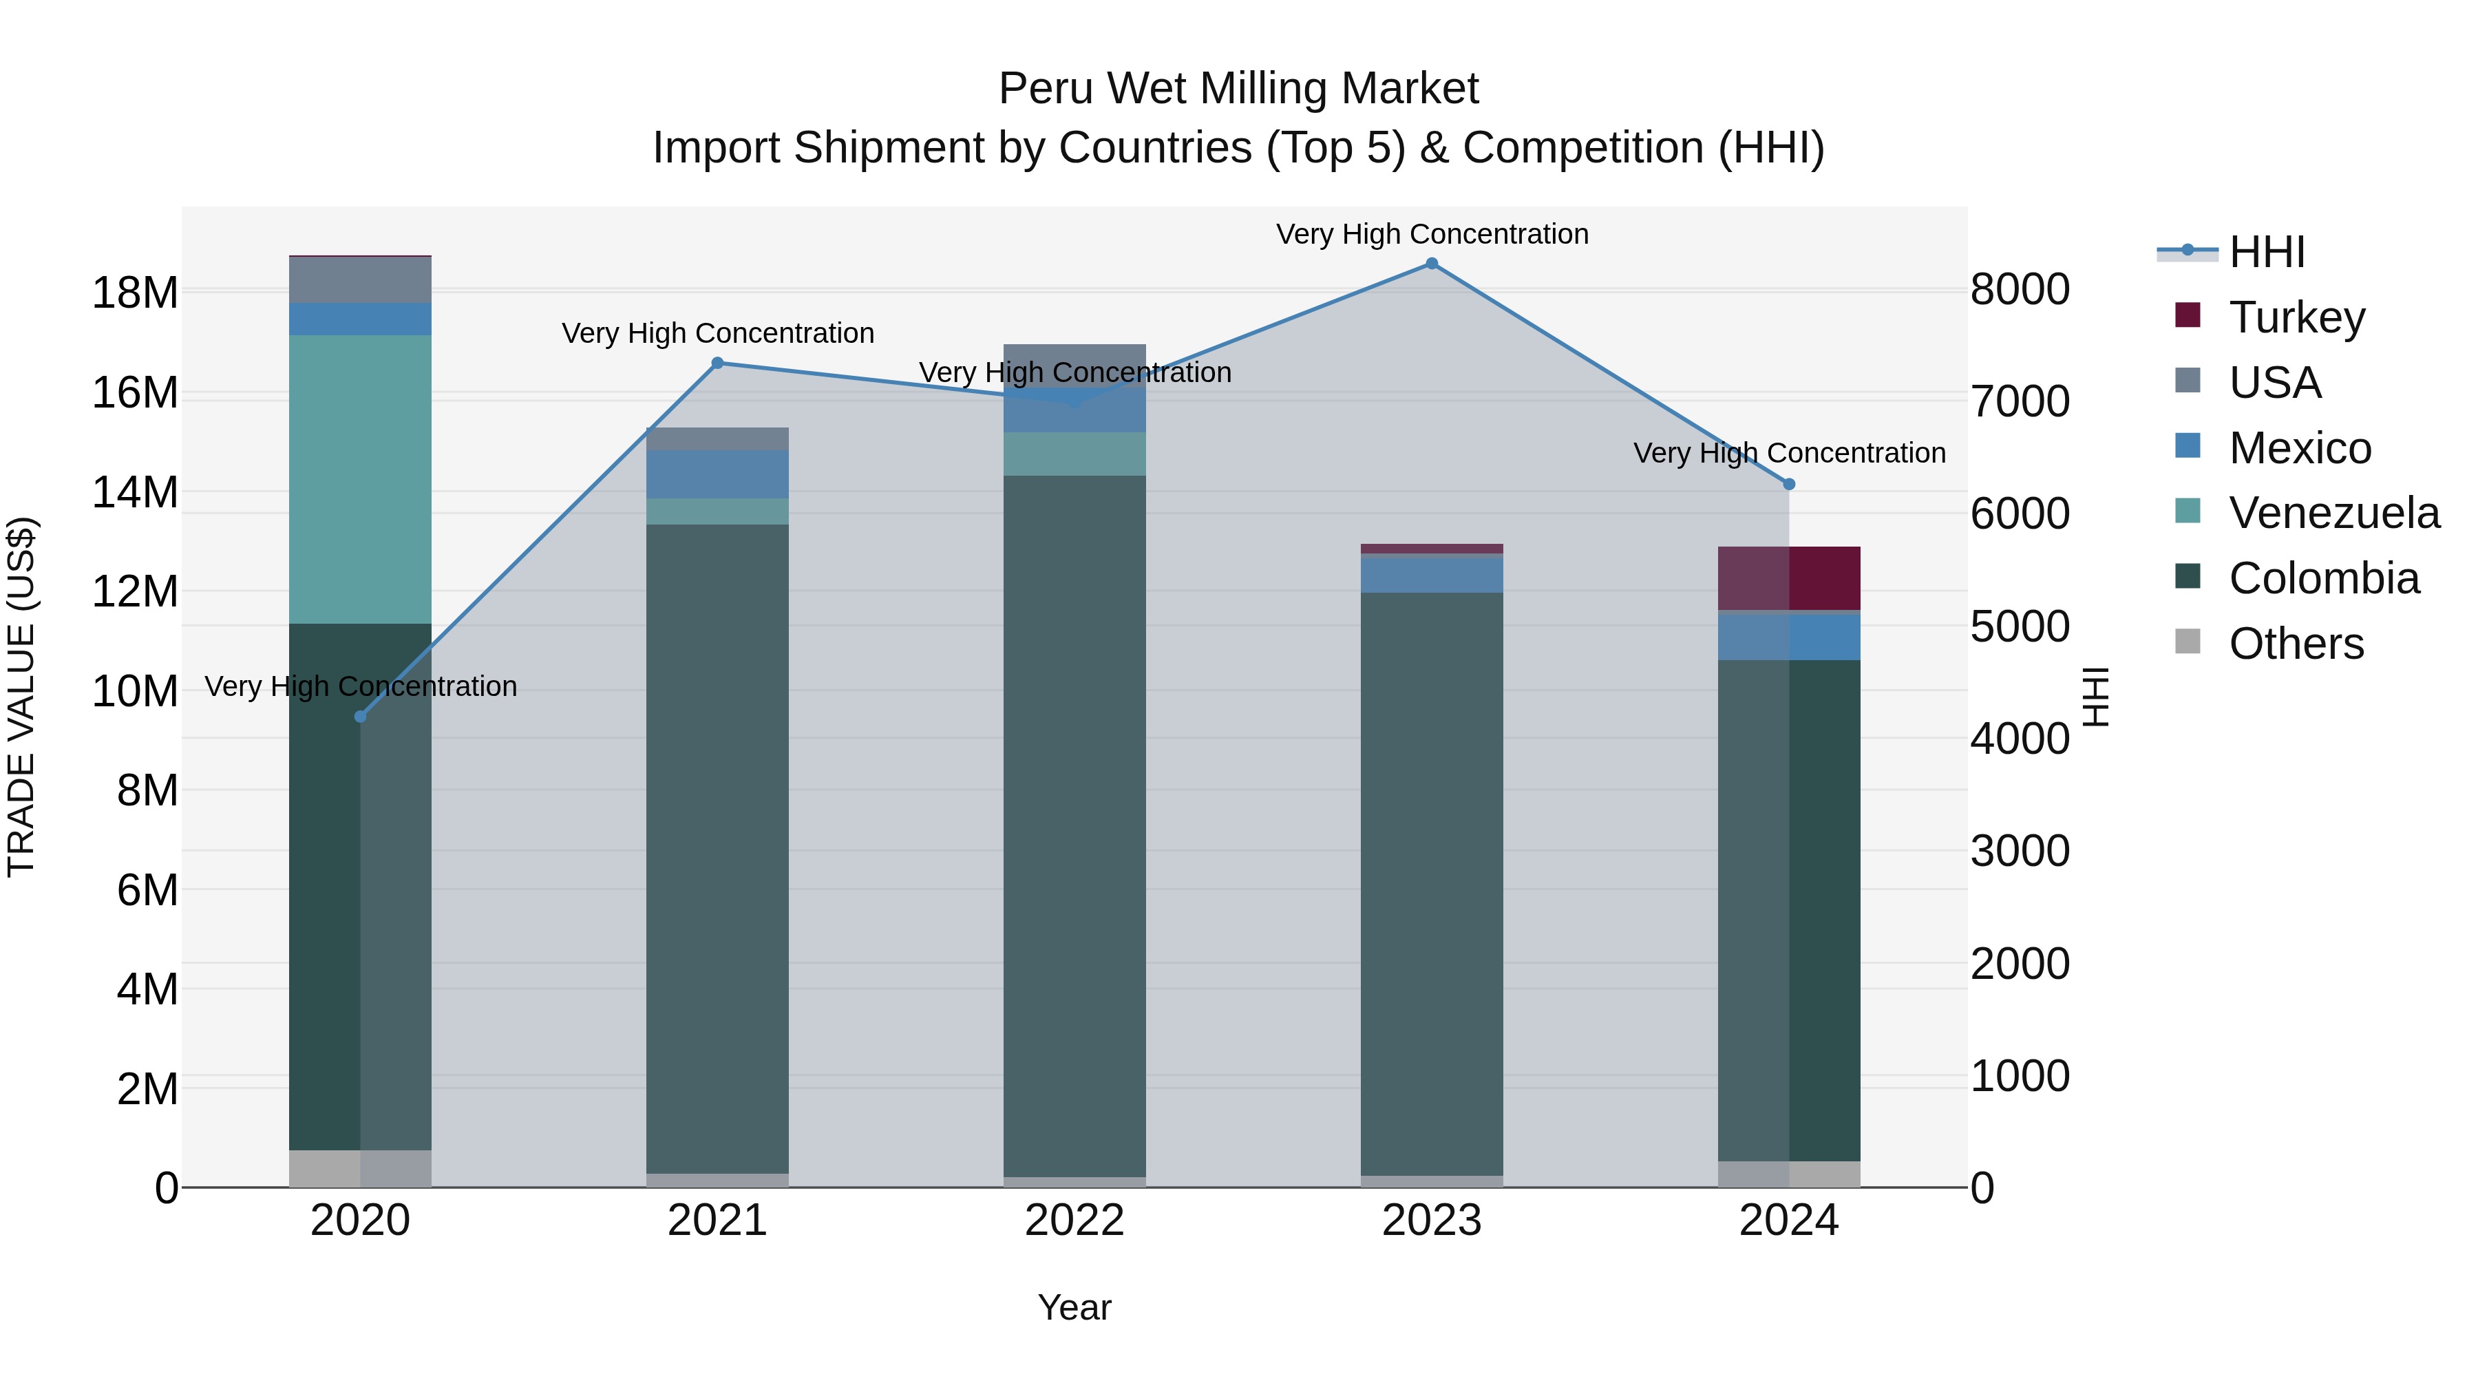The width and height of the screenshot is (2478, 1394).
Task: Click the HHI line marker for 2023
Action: pos(1432,264)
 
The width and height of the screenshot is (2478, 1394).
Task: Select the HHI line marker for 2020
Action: pos(361,717)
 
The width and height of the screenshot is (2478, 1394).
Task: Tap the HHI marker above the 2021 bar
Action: pos(718,363)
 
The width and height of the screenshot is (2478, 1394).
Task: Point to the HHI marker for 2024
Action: pos(1789,485)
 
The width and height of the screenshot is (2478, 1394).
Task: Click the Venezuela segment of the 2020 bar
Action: pos(361,479)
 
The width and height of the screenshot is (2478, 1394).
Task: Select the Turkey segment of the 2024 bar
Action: pos(1789,578)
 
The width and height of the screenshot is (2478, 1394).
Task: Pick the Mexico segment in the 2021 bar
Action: pos(718,474)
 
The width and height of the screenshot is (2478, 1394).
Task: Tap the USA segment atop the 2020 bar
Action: pos(361,280)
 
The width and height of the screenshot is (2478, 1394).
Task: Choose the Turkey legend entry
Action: pos(2296,317)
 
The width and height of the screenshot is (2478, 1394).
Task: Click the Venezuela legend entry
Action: pos(2333,513)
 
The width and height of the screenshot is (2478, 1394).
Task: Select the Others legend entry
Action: pos(2295,644)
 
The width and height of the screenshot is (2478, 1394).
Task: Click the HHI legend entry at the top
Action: pos(2267,252)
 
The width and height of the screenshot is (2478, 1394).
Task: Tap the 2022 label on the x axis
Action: pos(1074,1221)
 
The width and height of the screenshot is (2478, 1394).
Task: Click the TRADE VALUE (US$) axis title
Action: pos(21,697)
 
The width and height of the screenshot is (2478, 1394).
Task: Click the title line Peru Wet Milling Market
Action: pos(1238,89)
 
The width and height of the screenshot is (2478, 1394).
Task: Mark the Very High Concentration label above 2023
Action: pos(1432,234)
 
